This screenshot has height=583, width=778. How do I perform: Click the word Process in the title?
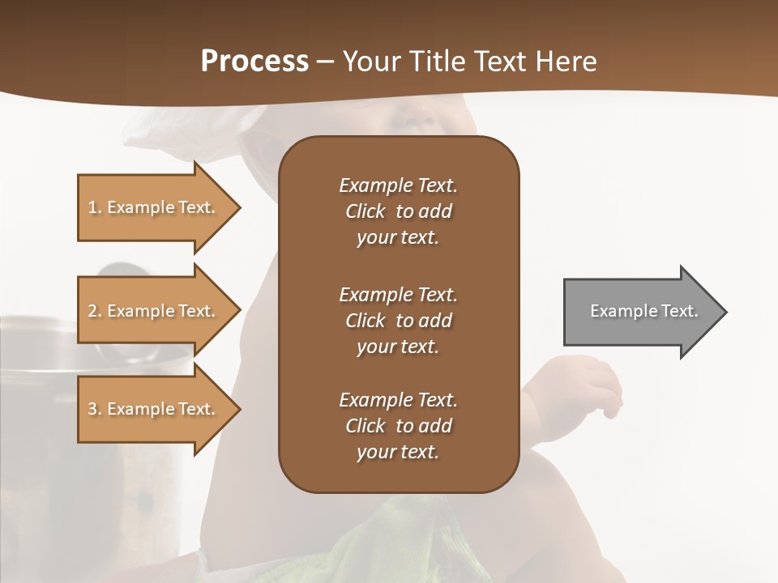coord(254,62)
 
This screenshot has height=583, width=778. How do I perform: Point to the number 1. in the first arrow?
coord(95,207)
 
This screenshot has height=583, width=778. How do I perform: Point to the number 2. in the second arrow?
coord(95,311)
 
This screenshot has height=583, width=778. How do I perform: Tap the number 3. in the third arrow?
coord(95,409)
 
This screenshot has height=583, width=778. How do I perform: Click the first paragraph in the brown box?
coord(398,211)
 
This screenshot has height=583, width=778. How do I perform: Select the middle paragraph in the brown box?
coord(398,321)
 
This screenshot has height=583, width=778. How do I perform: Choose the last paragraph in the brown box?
coord(398,426)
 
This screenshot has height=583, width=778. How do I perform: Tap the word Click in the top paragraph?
coord(365,211)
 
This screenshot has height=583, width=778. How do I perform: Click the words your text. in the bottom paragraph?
coord(398,453)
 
